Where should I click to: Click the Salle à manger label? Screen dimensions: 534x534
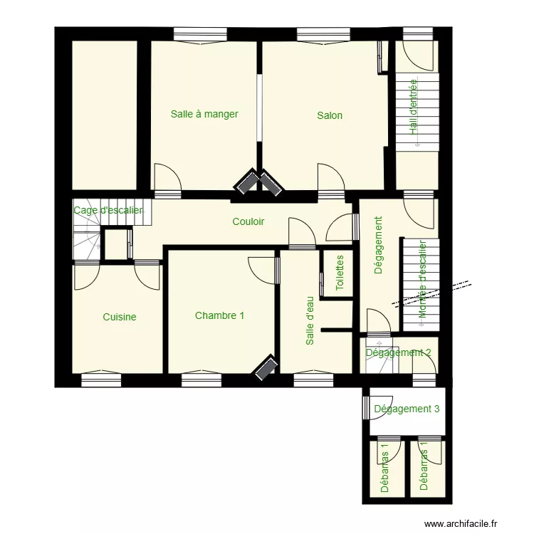[x=204, y=114]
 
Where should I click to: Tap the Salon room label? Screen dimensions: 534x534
[x=330, y=115]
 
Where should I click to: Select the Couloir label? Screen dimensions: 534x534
[x=248, y=221]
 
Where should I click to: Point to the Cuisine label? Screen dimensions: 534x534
[x=120, y=317]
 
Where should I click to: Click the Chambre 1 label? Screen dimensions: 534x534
[x=220, y=315]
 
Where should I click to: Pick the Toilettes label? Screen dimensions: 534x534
[x=340, y=273]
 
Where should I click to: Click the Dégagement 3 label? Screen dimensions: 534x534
[x=407, y=409]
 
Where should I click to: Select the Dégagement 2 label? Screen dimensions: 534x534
[x=398, y=352]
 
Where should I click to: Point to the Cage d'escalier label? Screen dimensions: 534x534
[x=108, y=211]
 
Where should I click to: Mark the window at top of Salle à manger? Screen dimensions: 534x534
[x=200, y=33]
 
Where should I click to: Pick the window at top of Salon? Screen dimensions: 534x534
[x=324, y=33]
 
